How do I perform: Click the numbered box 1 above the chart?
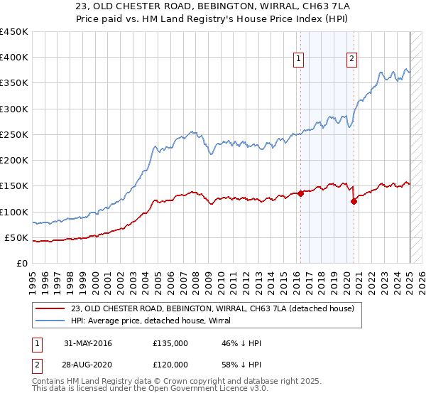298,60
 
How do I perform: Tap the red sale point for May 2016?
300,193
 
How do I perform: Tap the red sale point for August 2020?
354,201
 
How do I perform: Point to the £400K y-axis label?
14,58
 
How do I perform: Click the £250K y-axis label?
14,134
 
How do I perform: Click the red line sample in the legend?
50,308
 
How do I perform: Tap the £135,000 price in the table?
170,343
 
